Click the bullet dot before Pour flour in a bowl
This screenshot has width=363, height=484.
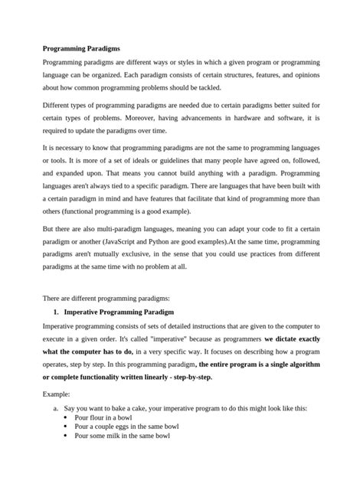pyautogui.click(x=67, y=420)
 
